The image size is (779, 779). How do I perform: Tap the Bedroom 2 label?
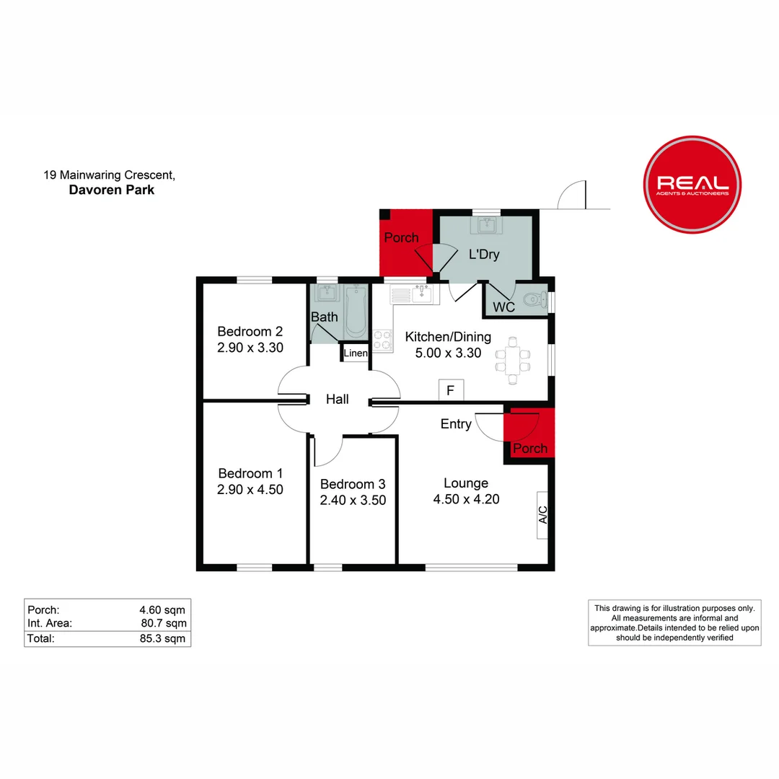point(250,332)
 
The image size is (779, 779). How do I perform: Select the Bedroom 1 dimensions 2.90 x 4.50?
point(250,489)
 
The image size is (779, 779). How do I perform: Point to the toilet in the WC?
point(534,299)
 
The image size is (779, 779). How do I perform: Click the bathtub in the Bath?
point(356,312)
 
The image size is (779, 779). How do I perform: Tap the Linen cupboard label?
point(356,353)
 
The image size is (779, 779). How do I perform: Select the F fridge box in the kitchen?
point(451,391)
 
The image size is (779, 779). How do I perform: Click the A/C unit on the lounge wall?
point(543,515)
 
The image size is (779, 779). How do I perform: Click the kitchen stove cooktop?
point(382,341)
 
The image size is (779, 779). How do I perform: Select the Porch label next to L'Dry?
point(401,237)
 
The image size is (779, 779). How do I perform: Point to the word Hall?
point(337,399)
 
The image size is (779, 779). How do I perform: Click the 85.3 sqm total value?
point(167,638)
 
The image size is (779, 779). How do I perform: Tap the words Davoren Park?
point(111,190)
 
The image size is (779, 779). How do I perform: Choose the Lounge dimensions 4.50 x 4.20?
point(466,498)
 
